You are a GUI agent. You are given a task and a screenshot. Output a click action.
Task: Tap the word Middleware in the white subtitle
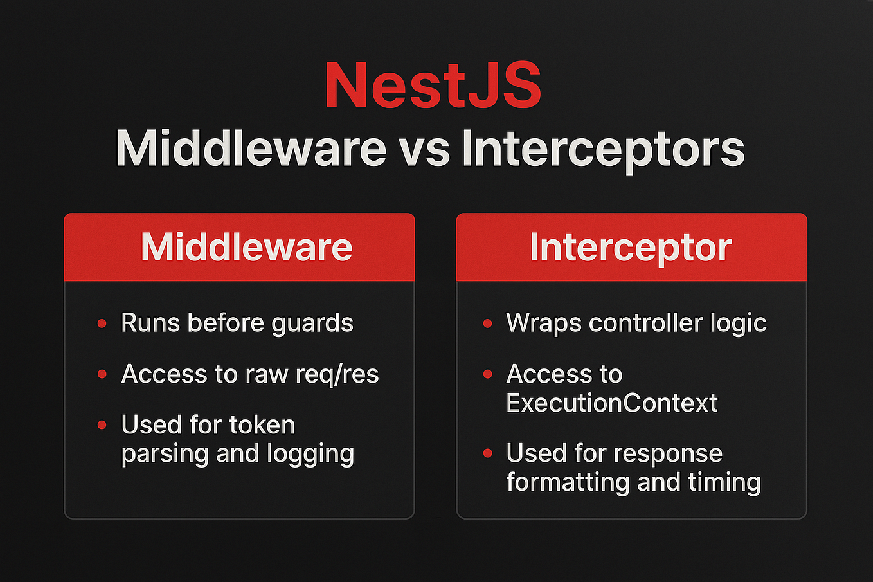(x=251, y=149)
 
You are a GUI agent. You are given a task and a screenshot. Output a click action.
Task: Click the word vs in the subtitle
(x=424, y=150)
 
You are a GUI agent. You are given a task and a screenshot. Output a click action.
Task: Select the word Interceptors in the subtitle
(x=603, y=150)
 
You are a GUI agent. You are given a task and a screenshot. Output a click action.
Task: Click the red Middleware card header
(x=239, y=247)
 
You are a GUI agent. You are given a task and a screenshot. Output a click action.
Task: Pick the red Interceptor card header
(x=631, y=247)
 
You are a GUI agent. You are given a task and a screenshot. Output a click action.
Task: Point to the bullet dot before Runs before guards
(x=102, y=323)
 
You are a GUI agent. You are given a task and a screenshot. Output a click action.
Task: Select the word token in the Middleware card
(x=262, y=425)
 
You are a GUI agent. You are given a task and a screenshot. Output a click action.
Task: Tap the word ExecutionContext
(x=611, y=403)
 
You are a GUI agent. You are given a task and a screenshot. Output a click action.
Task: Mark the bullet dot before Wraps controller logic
(x=488, y=323)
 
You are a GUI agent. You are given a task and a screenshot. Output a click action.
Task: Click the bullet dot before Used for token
(x=102, y=425)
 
